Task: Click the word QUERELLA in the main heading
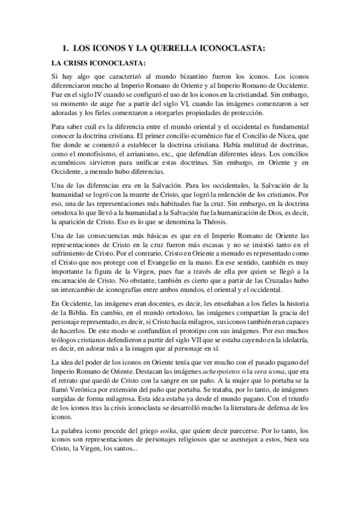click(159, 47)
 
